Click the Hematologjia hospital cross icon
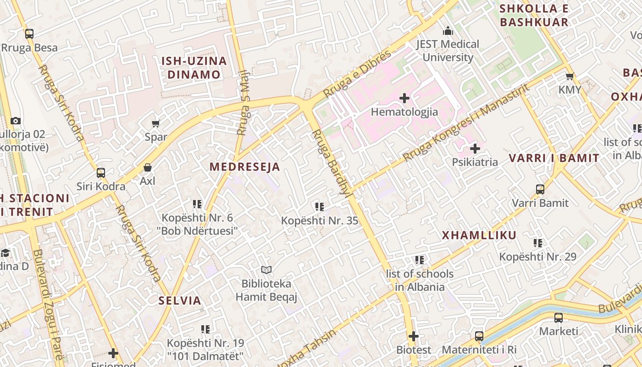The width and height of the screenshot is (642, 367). tap(404, 98)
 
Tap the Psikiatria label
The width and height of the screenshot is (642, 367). tap(475, 162)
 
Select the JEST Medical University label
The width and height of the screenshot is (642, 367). tap(448, 51)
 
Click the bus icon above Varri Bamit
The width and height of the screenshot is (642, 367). tap(540, 189)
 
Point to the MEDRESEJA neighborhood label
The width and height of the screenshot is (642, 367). tap(245, 167)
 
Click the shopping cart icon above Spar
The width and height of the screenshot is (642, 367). tap(155, 123)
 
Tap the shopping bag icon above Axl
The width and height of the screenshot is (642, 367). tap(148, 167)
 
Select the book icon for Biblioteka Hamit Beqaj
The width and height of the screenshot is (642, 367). tap(266, 270)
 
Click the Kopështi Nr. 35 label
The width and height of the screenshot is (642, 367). tap(319, 221)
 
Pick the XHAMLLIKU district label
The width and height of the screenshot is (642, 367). tap(479, 235)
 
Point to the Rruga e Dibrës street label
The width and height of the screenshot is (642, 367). tap(358, 73)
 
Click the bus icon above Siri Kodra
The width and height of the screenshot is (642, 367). tap(101, 173)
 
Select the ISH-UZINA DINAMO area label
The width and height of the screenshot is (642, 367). tap(194, 67)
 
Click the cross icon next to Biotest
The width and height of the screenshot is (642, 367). tap(414, 336)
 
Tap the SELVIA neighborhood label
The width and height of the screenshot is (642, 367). tap(180, 301)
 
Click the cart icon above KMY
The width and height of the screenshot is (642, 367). tap(570, 76)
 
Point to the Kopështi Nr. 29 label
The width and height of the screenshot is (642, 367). tap(537, 257)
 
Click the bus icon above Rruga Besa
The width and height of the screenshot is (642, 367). tap(29, 33)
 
